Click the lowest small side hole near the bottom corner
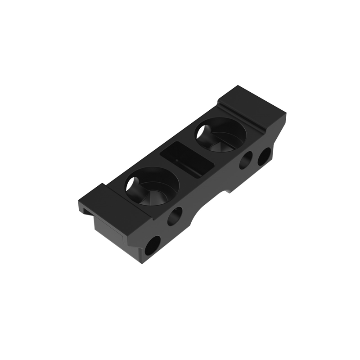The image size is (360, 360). click(x=152, y=245)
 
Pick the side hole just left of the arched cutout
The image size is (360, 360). click(x=175, y=216)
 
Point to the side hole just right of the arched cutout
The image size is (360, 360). click(x=246, y=160)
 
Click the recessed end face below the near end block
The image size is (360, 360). click(x=108, y=228)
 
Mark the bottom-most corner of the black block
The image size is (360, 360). click(x=143, y=263)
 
